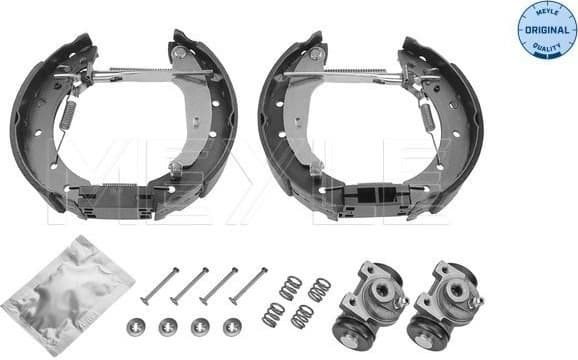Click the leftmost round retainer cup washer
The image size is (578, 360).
click(137, 326)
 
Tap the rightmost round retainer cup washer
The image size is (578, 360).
click(231, 326)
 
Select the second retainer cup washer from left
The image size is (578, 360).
click(168, 326)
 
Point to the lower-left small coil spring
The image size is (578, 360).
click(273, 313)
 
